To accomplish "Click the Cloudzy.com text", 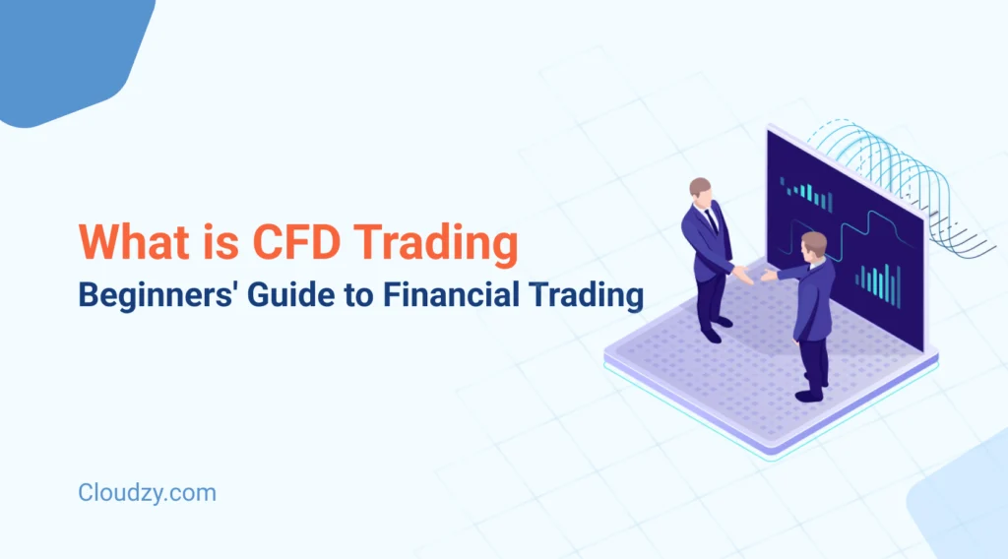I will (147, 492).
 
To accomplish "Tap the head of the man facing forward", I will (701, 190).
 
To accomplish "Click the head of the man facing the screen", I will (813, 245).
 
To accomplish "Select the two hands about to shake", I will (754, 277).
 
